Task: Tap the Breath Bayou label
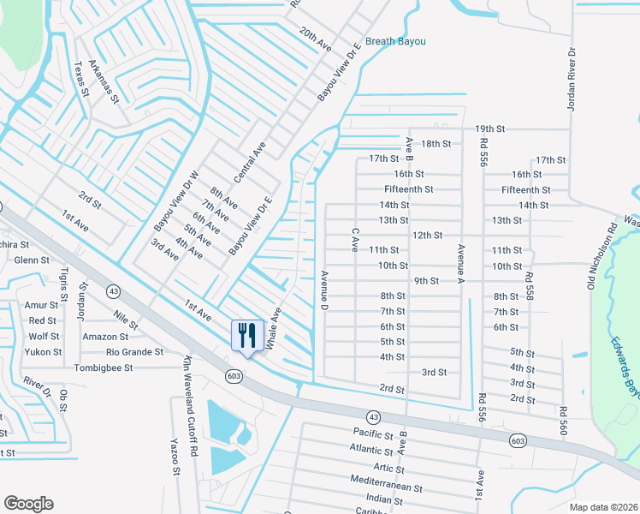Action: click(394, 41)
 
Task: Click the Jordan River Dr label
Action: click(572, 75)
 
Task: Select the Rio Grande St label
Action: click(134, 352)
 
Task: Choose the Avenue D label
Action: click(325, 290)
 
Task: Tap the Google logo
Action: click(28, 504)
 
